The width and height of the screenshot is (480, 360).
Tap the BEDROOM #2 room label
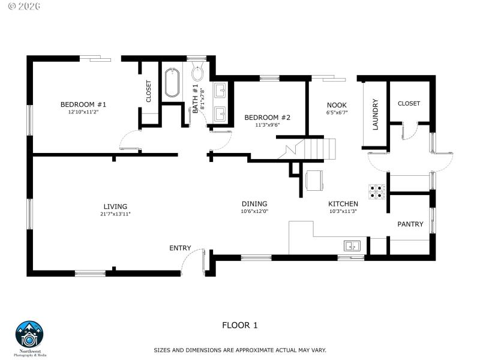(267, 118)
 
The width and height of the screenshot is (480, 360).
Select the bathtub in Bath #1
(172, 83)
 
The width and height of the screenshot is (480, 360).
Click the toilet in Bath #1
(198, 73)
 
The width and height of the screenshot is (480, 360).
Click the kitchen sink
(352, 245)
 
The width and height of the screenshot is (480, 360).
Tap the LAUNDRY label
(376, 114)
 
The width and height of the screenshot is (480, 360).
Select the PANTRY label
(410, 224)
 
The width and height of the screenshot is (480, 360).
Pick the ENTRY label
(180, 248)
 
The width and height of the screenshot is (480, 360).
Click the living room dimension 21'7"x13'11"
(115, 214)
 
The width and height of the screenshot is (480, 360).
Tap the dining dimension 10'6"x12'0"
(254, 211)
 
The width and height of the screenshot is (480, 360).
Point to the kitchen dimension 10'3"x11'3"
(343, 211)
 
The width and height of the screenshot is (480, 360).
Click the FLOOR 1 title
(240, 326)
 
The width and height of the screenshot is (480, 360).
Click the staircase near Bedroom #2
(307, 148)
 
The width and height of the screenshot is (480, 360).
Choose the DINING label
(254, 203)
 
